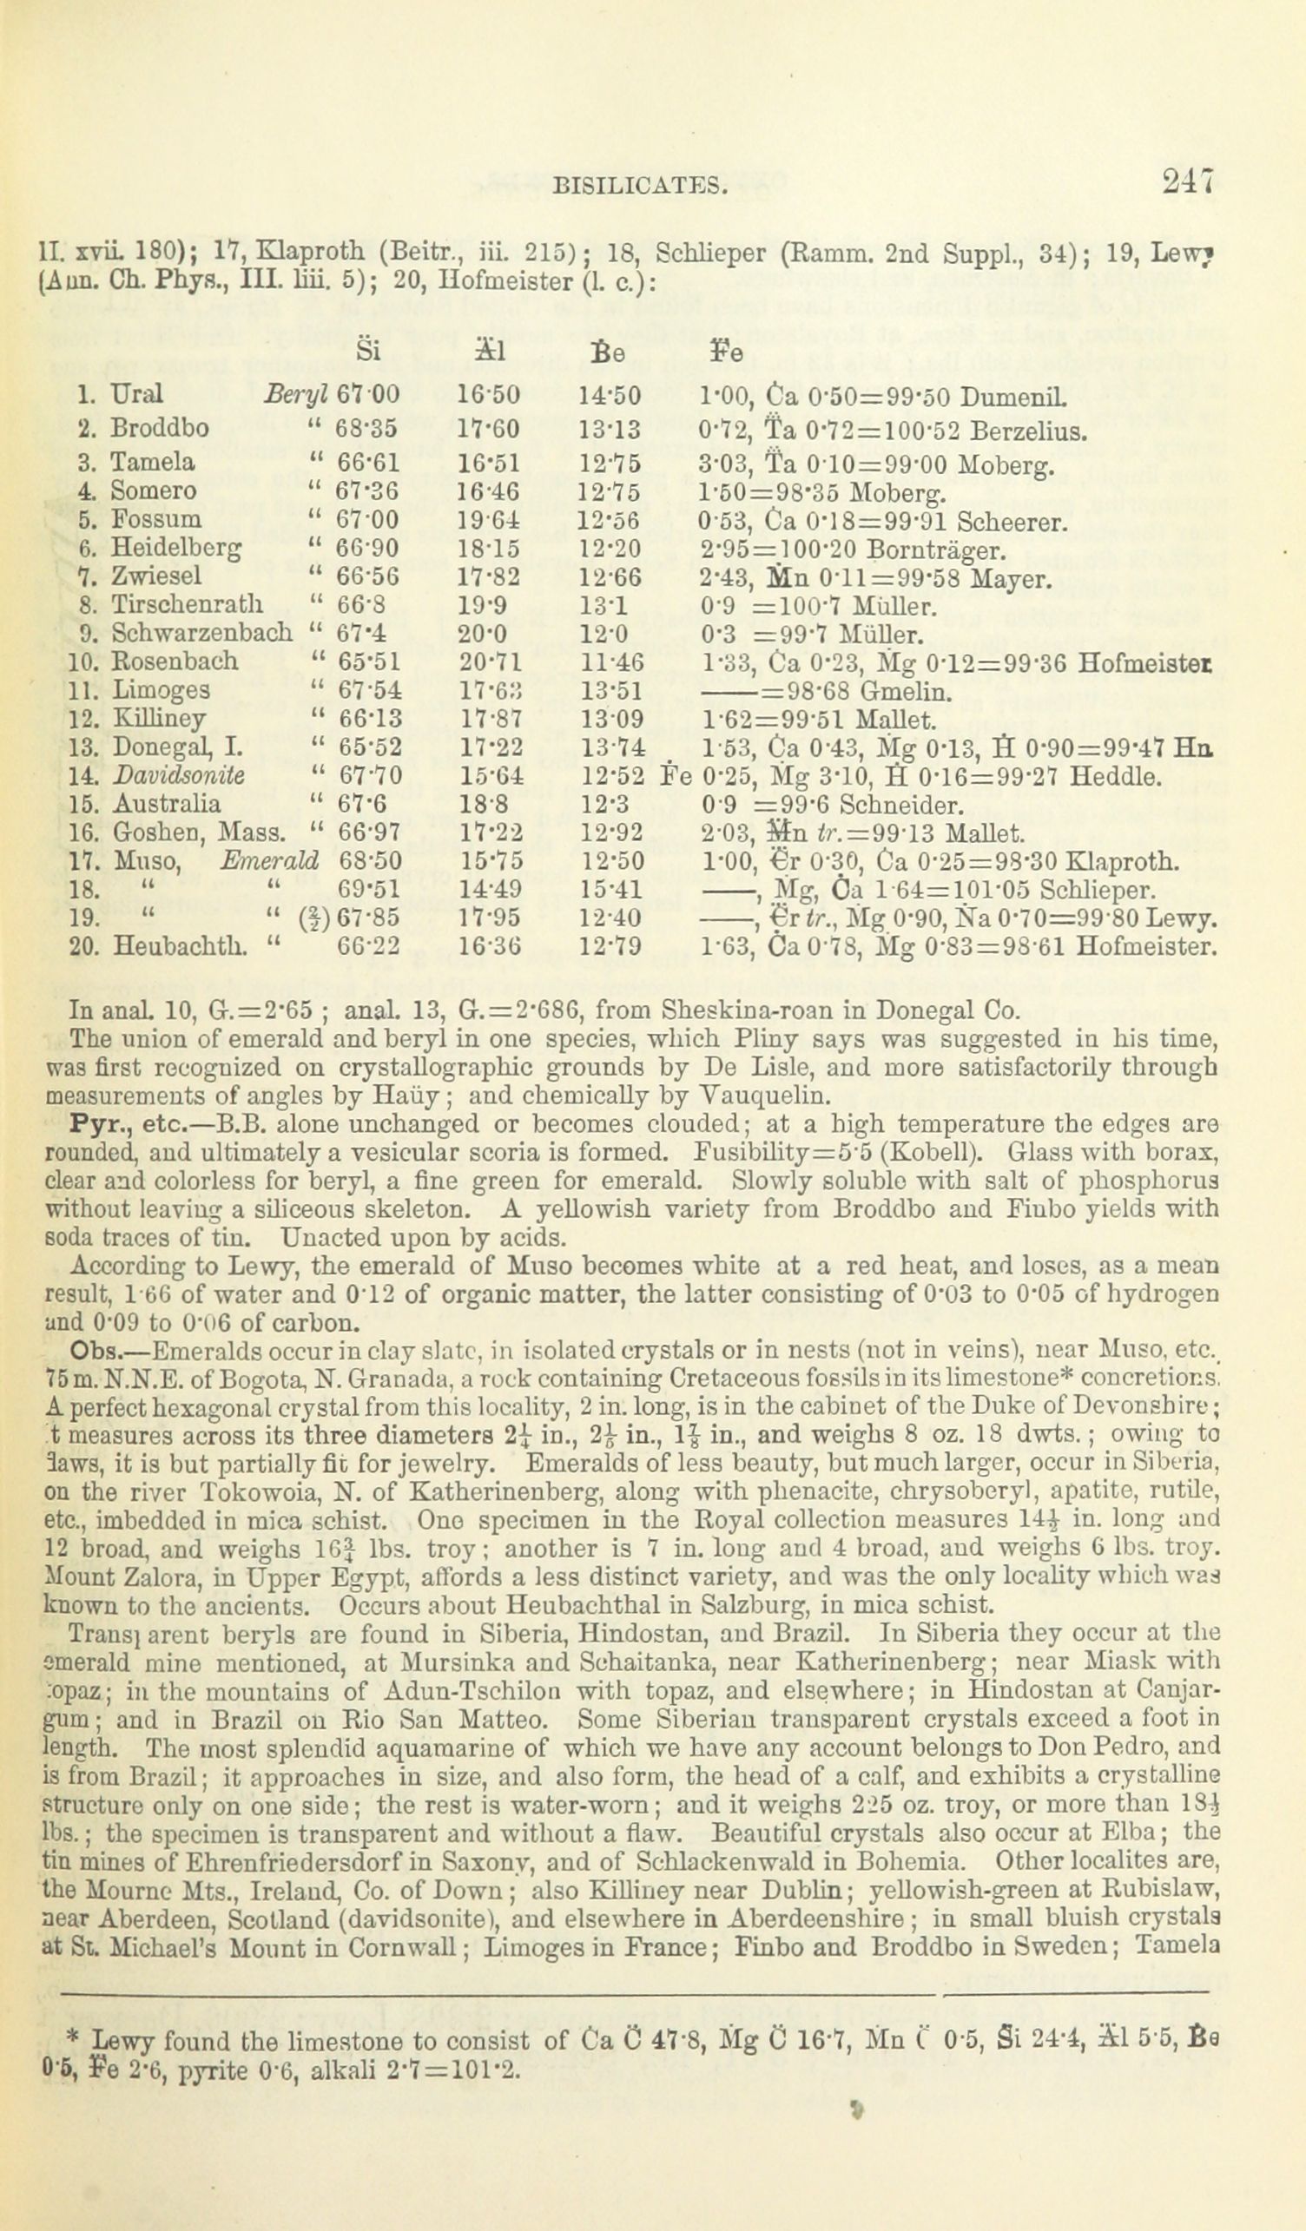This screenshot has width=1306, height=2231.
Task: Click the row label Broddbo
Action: (x=161, y=430)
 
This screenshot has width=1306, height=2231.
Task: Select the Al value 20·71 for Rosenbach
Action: (x=491, y=661)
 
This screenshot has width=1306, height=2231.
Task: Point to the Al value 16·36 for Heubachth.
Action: (x=491, y=945)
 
